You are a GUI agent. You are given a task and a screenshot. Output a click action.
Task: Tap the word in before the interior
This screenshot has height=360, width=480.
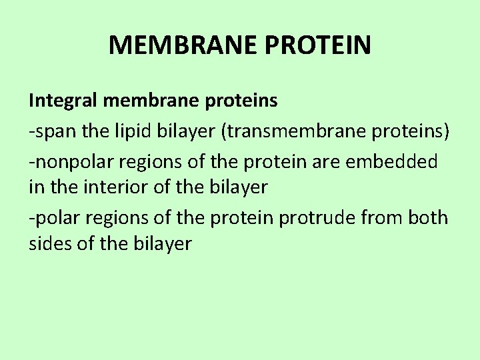pos(36,188)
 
